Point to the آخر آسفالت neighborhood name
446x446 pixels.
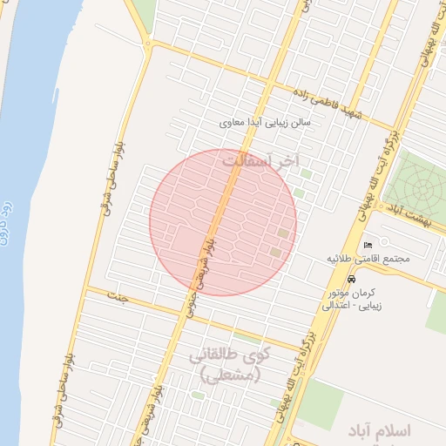pos(260,161)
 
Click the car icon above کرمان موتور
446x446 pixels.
pos(350,280)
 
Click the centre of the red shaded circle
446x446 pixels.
pos(223,222)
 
